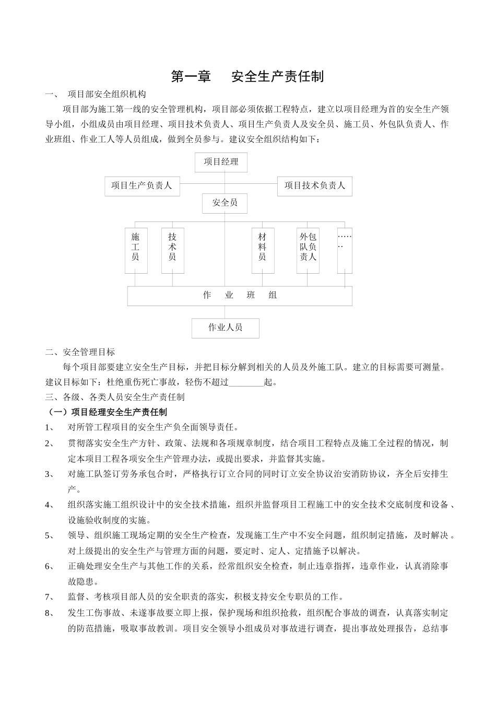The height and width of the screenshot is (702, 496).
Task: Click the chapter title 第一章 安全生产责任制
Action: click(x=247, y=77)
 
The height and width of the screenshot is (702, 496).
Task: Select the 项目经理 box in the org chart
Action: click(x=221, y=162)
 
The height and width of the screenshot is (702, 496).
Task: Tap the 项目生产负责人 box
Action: click(x=142, y=186)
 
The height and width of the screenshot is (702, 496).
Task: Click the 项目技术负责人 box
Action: click(x=314, y=186)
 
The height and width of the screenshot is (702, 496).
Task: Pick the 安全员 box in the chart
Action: click(x=225, y=203)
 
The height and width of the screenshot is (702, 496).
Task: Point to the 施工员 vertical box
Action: click(x=136, y=250)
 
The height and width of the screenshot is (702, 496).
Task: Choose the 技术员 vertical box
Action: click(x=172, y=250)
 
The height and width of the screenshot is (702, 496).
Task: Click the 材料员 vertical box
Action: click(x=263, y=250)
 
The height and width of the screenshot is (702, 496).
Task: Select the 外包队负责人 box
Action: click(x=308, y=250)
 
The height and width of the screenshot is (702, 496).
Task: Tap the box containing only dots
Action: click(x=345, y=250)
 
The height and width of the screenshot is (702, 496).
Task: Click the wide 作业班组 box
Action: click(x=240, y=296)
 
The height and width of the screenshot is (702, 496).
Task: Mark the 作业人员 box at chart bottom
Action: click(x=225, y=328)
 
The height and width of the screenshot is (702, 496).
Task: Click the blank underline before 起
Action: click(x=246, y=382)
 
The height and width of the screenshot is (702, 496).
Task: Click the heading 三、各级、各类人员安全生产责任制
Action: click(x=115, y=397)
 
